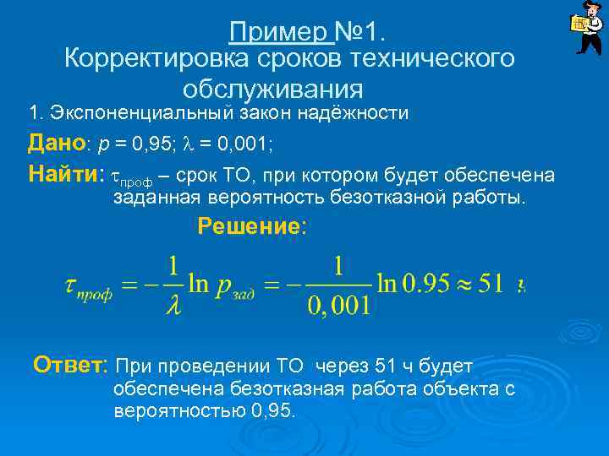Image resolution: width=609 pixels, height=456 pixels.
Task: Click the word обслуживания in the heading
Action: tap(272, 87)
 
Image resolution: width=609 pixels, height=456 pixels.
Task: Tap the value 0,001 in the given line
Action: tap(244, 144)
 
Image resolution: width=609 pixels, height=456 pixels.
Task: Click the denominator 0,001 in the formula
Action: tap(338, 304)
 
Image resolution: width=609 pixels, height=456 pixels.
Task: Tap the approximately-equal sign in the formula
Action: tap(458, 284)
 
